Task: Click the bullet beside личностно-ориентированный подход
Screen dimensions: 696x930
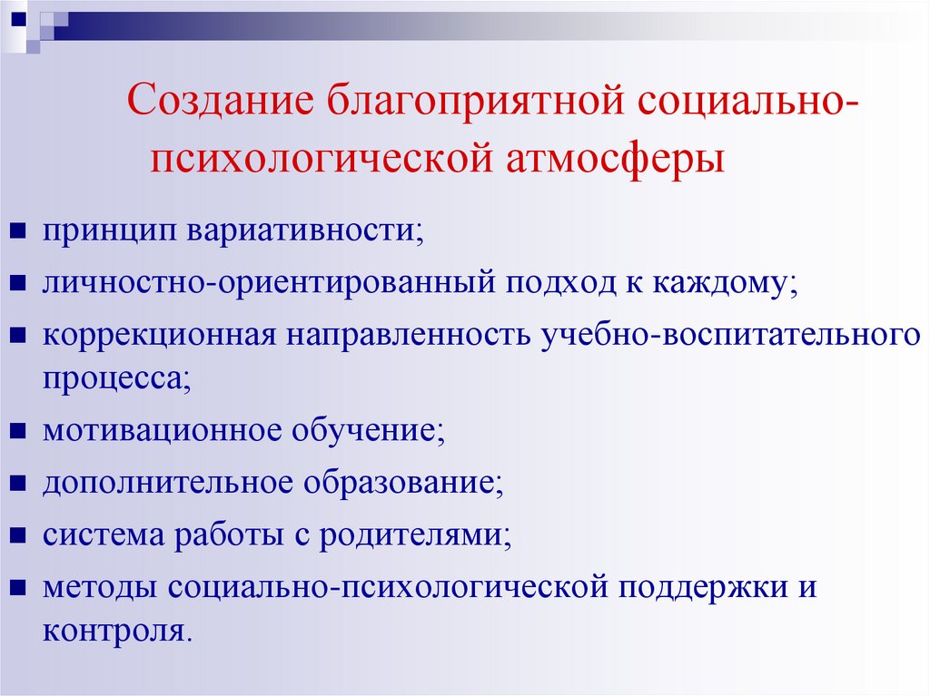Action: tap(16, 284)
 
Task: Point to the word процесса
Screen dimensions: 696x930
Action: tap(113, 376)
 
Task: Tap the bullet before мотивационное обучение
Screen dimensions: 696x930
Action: tap(16, 430)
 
